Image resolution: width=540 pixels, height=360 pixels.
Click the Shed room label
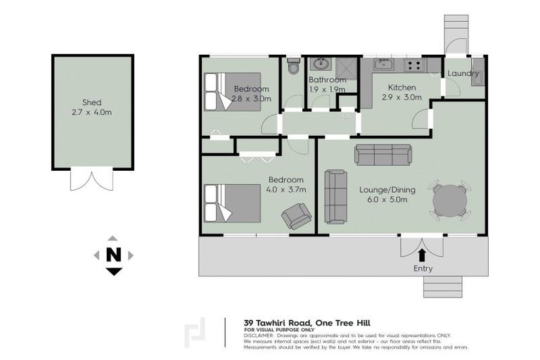coord(91,103)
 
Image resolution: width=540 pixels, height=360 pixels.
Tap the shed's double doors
coord(91,180)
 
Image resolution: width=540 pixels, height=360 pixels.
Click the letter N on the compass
coord(113,255)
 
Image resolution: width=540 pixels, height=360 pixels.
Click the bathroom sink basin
coord(322,65)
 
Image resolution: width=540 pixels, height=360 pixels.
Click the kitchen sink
coord(384,65)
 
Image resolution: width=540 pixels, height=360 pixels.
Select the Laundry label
coord(463,73)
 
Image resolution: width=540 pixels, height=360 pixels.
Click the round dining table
coord(449,201)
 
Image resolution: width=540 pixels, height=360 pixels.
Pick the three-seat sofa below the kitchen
coord(383,155)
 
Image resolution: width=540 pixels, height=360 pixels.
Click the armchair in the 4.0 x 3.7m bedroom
coord(297,217)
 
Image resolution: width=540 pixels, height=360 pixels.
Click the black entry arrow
coord(422,253)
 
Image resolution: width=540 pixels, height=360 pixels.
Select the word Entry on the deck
coord(423,269)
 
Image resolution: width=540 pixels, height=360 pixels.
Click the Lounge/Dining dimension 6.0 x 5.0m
coord(387,199)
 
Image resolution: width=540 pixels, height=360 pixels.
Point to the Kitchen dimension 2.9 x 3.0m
coord(401,98)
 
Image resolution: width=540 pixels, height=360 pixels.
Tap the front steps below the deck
coord(442,286)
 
